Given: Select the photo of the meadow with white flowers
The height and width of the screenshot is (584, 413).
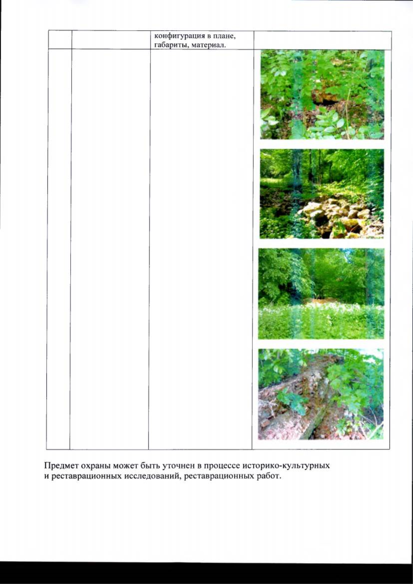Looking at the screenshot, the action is click(x=321, y=294).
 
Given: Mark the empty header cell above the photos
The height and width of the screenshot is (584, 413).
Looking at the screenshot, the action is click(x=322, y=40).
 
